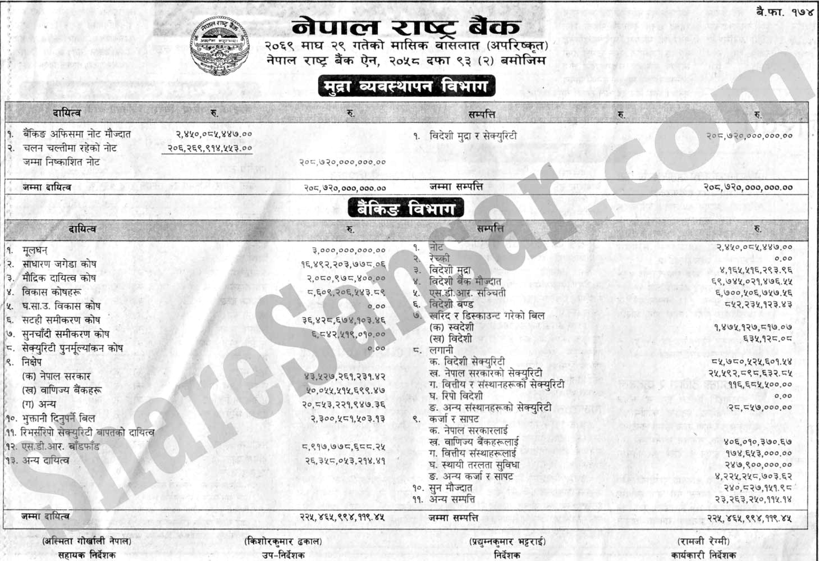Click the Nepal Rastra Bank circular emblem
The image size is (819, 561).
(x=220, y=47)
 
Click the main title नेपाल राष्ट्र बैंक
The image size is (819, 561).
(x=406, y=26)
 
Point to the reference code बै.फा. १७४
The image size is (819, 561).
(x=785, y=12)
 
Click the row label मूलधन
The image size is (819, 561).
(x=35, y=250)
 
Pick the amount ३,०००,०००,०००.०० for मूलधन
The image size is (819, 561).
(x=349, y=250)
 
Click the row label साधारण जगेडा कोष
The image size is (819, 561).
(x=59, y=264)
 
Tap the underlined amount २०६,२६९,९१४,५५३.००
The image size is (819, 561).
(x=210, y=148)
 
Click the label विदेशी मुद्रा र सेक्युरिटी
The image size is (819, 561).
(x=473, y=136)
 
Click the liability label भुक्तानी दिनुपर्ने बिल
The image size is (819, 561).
(x=58, y=418)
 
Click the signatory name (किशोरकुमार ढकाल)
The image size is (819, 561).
(x=283, y=541)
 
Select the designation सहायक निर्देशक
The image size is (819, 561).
(x=87, y=555)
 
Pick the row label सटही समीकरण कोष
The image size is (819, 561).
(x=61, y=320)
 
